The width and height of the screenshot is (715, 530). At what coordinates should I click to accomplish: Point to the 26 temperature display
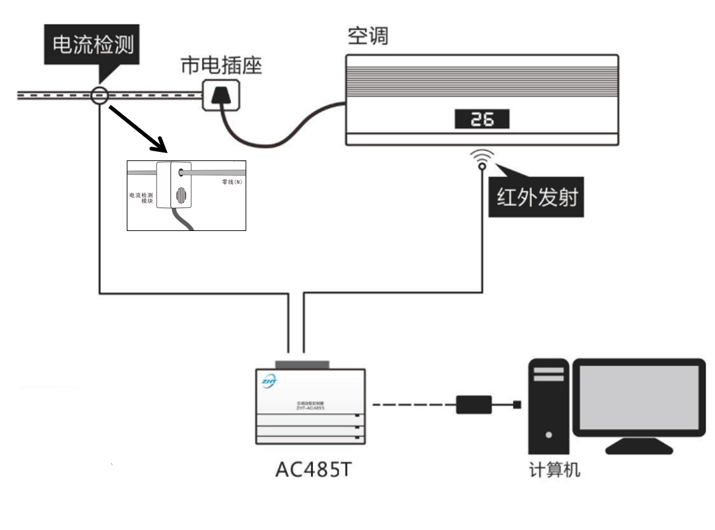pos(481,119)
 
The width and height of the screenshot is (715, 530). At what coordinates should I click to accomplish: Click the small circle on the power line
pos(99,95)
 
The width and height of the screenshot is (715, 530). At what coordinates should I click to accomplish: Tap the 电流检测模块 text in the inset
pos(142,199)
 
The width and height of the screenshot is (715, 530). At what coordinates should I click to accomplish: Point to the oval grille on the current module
pos(180,196)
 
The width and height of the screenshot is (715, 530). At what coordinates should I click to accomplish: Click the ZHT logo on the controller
pos(270,381)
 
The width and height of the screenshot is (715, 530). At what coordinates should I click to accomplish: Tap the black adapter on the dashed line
pos(473,403)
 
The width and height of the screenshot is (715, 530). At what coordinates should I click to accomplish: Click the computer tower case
pos(548,406)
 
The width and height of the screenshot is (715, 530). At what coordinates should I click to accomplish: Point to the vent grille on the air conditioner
pos(482,78)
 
